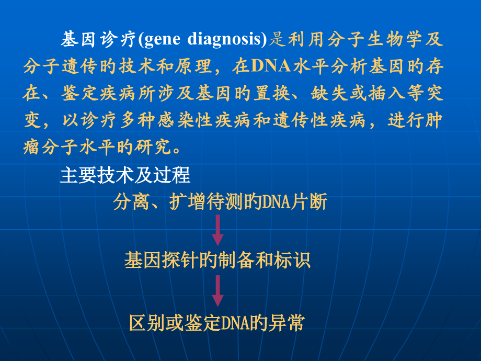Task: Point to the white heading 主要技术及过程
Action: [125, 176]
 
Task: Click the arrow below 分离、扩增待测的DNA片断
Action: [217, 230]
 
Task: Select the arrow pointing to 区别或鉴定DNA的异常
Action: [217, 291]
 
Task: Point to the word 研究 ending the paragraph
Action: [155, 148]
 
